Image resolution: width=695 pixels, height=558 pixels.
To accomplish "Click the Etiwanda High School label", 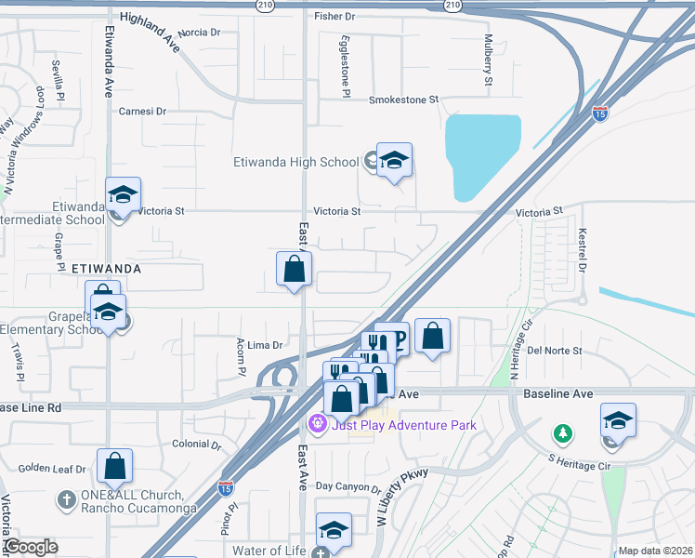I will pos(295,162).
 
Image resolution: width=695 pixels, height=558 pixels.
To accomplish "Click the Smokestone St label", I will pos(403,100).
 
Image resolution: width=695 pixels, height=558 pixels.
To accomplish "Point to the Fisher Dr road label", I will pos(334,17).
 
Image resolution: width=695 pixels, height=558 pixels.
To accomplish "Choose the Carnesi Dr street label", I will pos(142,111).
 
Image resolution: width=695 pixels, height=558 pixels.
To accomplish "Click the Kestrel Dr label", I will pos(583,250).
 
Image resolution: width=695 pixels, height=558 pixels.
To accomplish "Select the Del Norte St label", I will pos(554,351).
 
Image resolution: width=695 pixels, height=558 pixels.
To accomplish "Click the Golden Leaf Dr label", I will pos(52,469).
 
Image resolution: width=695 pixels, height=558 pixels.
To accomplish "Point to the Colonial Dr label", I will pos(196,445).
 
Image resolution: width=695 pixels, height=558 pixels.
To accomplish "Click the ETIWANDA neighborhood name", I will pos(106,268).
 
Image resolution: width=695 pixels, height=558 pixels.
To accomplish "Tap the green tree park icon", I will pos(561,433).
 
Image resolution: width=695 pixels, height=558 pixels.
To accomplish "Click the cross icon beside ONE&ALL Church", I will pos(66,499).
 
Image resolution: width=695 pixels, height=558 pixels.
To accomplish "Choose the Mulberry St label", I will pos(488,60).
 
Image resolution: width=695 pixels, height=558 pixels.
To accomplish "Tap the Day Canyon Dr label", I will pos(347,487).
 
